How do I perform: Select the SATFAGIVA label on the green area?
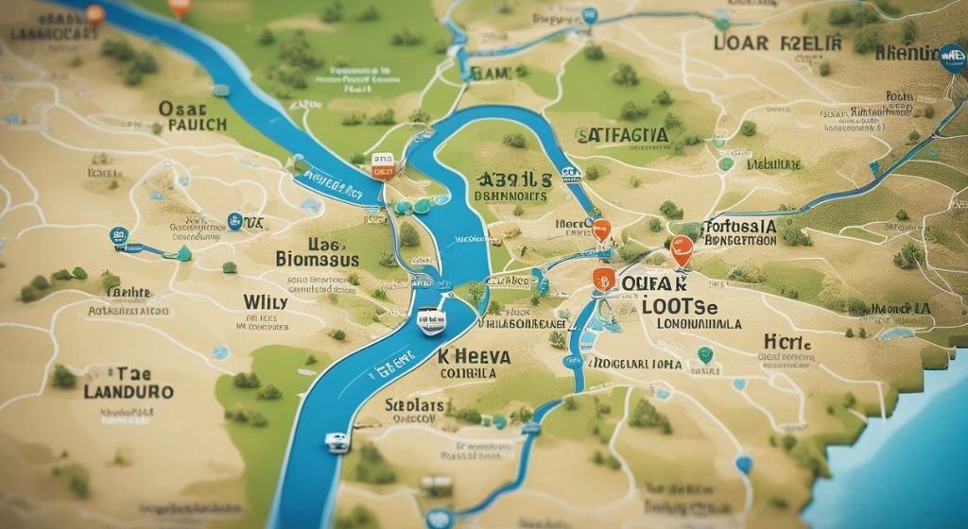pos(622,135)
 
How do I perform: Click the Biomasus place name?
pos(317,258)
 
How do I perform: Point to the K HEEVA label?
pos(475,356)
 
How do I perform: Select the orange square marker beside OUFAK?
pos(602,278)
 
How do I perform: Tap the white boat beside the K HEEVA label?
pos(432,321)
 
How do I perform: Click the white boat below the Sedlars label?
pos(337,442)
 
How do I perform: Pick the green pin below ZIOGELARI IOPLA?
pos(704,355)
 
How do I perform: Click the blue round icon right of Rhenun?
pos(953,59)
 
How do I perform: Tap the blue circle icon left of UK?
pos(234,221)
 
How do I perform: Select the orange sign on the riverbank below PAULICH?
pos(382,167)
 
